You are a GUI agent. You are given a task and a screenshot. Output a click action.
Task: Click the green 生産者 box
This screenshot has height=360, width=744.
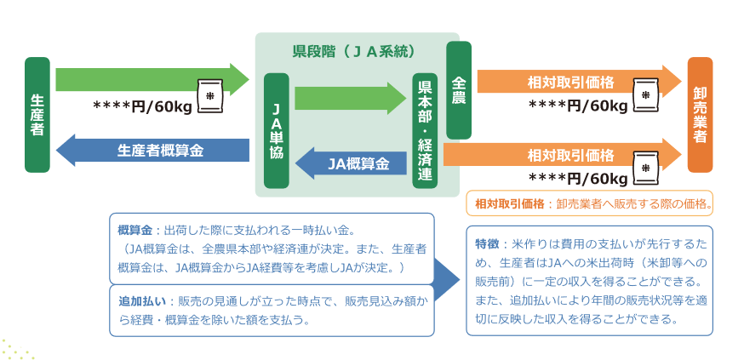(37, 116)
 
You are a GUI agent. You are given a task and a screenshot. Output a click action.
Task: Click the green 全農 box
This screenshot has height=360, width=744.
(458, 90)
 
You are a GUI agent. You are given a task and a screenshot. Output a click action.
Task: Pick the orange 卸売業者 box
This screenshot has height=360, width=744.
(700, 115)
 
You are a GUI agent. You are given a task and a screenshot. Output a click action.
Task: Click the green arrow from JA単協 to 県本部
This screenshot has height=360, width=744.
(349, 98)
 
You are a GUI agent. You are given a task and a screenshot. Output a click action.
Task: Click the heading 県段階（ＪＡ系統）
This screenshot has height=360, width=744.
(353, 52)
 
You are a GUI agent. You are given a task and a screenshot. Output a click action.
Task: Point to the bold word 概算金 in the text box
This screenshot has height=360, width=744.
(134, 230)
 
